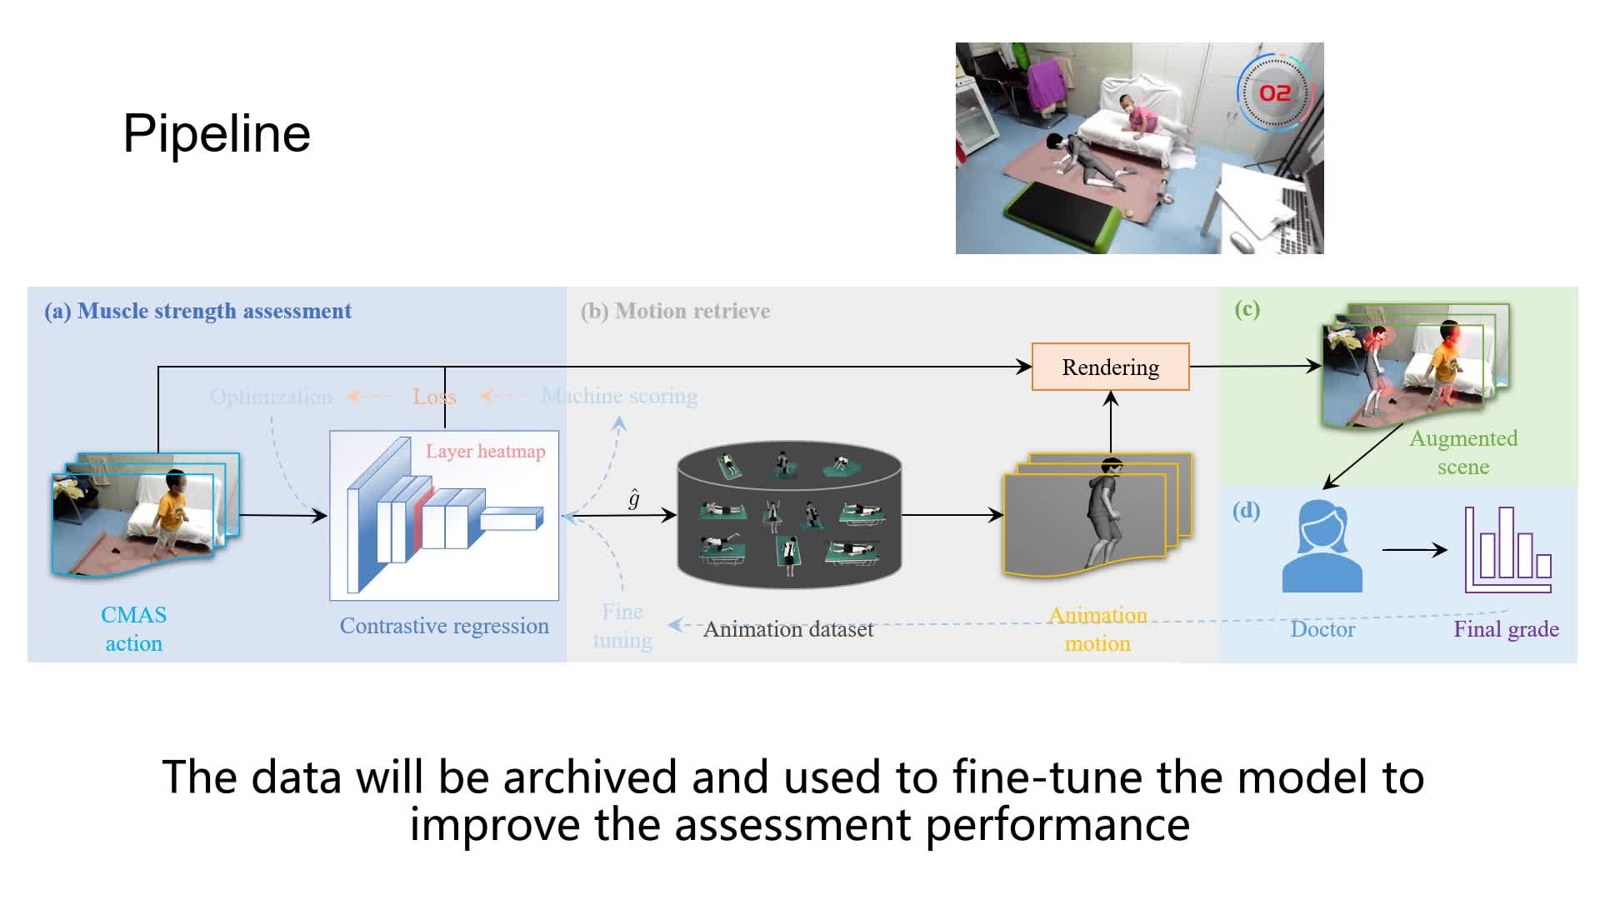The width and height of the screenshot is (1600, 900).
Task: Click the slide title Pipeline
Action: click(x=217, y=133)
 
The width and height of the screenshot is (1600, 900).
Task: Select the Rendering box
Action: click(x=1110, y=367)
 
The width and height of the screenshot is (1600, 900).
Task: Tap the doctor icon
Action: click(x=1322, y=547)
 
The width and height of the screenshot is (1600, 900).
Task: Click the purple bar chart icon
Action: click(x=1507, y=550)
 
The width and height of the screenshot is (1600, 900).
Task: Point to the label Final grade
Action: click(x=1506, y=629)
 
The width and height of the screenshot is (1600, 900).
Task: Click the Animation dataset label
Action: click(x=788, y=629)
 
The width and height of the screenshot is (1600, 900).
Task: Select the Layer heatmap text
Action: click(x=485, y=452)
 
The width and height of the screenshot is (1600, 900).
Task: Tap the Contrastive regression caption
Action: click(x=444, y=626)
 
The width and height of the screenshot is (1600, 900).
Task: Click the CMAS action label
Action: click(x=133, y=629)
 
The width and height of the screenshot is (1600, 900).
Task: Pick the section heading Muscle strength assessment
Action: click(x=214, y=311)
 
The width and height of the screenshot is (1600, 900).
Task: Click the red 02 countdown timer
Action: click(x=1274, y=92)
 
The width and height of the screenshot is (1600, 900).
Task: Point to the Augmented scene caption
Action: click(x=1463, y=452)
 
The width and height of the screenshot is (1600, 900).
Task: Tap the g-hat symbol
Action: click(x=634, y=498)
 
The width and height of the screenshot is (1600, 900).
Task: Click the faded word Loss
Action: click(x=433, y=397)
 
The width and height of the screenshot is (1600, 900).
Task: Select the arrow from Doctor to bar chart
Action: click(x=1414, y=550)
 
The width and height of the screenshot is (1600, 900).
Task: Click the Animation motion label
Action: click(x=1097, y=629)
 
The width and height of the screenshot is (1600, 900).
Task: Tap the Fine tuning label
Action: click(x=622, y=626)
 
